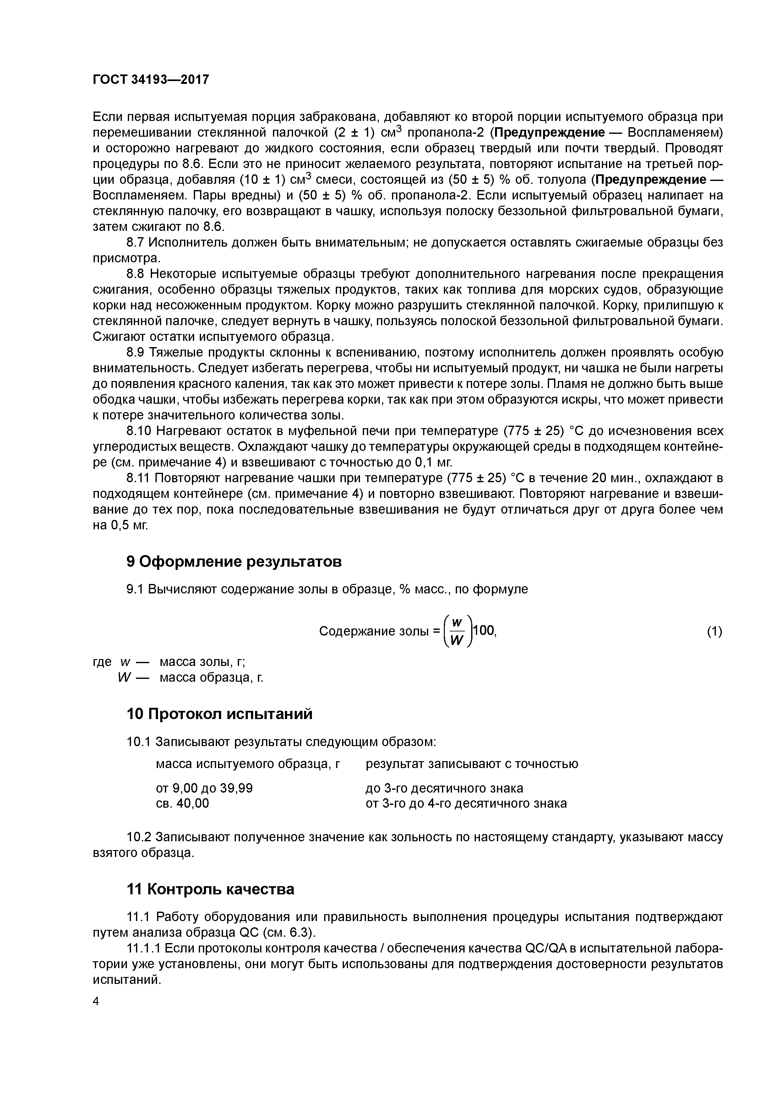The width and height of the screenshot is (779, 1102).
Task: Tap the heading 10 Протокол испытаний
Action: [219, 714]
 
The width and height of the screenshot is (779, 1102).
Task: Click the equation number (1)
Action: [714, 632]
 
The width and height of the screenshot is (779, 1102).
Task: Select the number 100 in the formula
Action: [484, 631]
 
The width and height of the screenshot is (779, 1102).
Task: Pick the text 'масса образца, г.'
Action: [211, 678]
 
